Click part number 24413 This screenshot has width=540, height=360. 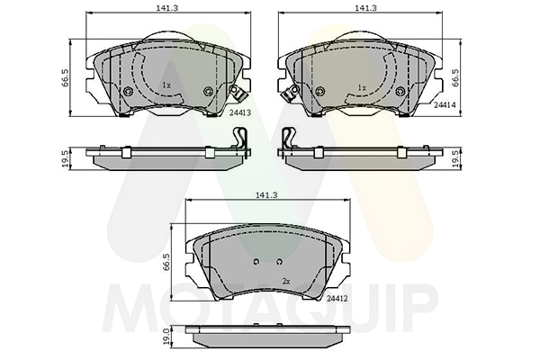[240, 112]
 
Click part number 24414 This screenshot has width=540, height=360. [445, 105]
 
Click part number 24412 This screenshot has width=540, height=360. [337, 298]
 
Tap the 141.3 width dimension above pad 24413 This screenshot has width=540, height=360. [167, 8]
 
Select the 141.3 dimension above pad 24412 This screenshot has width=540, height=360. [266, 195]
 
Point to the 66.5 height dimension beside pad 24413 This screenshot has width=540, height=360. [67, 77]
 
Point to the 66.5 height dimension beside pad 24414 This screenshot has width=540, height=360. [454, 77]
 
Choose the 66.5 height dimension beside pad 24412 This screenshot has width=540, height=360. [166, 262]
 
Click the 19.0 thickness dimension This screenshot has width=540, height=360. [166, 336]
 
